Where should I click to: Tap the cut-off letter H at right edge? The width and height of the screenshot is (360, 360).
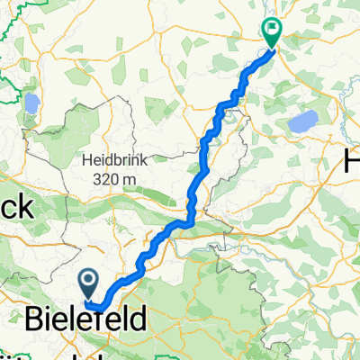pyautogui.click(x=352, y=162)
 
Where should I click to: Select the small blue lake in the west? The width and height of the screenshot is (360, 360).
pyautogui.click(x=32, y=105)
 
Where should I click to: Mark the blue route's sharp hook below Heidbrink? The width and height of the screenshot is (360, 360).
pyautogui.click(x=188, y=221)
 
